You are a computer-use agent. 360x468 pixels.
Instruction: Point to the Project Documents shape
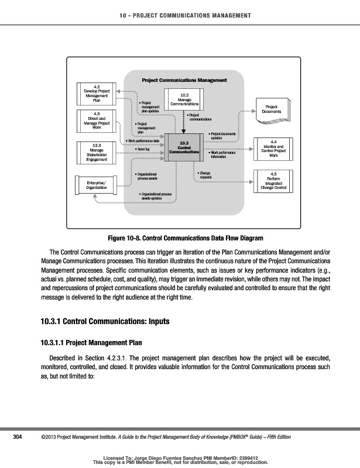click(x=272, y=111)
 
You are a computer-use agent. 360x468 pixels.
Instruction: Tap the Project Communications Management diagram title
click(x=184, y=79)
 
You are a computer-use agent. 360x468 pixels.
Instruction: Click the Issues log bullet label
click(x=145, y=149)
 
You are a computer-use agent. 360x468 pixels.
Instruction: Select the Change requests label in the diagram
click(x=205, y=174)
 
